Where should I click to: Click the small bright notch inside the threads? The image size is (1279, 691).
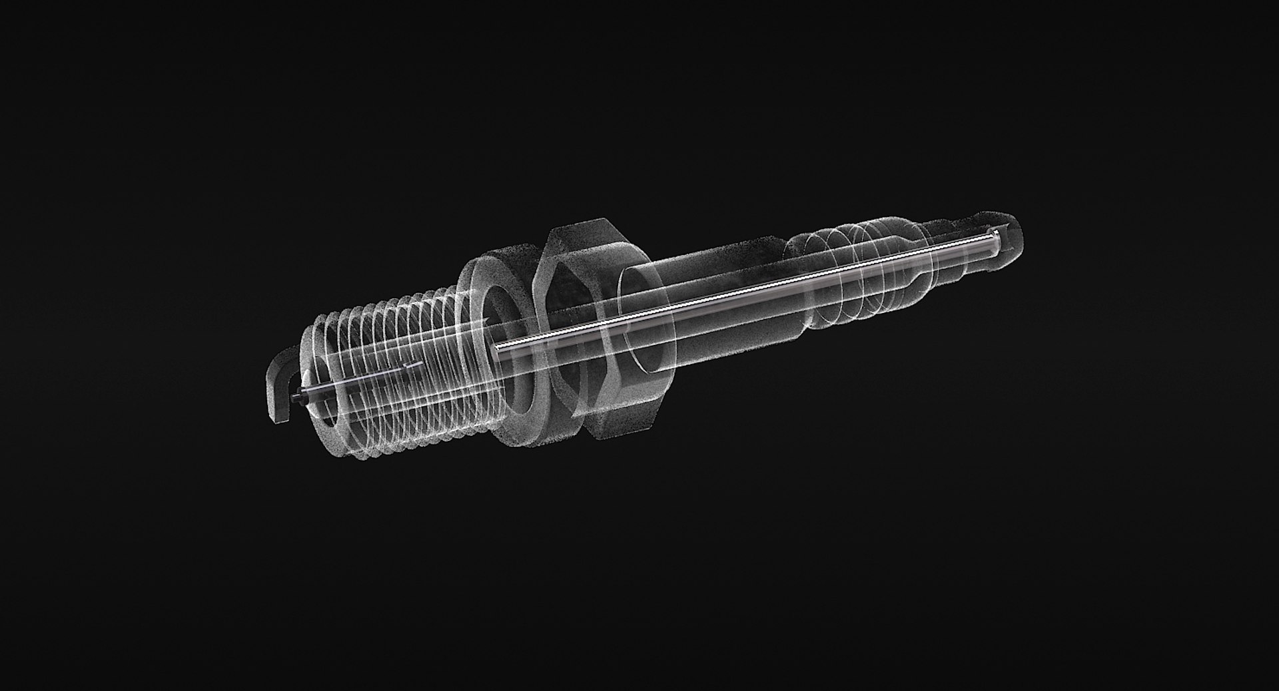point(413,365)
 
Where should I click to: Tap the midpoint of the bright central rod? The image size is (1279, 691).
point(746,290)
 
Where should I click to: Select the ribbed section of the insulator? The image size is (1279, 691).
point(839,266)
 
